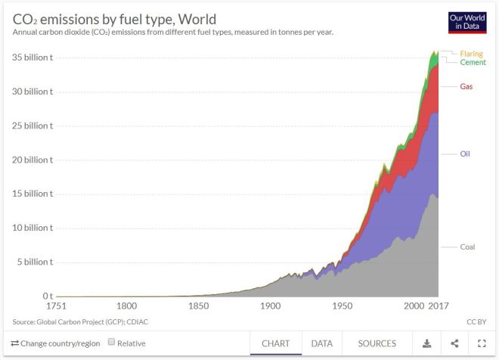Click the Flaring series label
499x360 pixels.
pos(473,54)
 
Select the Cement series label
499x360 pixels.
pos(473,62)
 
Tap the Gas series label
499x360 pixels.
pos(466,86)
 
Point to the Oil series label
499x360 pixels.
pos(465,154)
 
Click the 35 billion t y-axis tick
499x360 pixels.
pos(33,57)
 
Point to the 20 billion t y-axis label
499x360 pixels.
pos(33,160)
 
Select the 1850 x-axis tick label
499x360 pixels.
pos(198,306)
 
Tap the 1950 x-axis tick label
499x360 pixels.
pos(342,306)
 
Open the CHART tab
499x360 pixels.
pos(276,343)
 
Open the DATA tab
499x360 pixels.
pos(322,343)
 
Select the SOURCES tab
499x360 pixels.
pos(377,343)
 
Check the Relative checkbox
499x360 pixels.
pos(112,343)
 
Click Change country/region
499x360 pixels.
pos(55,343)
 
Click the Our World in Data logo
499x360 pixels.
pos(466,22)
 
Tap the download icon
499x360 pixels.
pos(426,343)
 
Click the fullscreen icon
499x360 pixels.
pos(481,343)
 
